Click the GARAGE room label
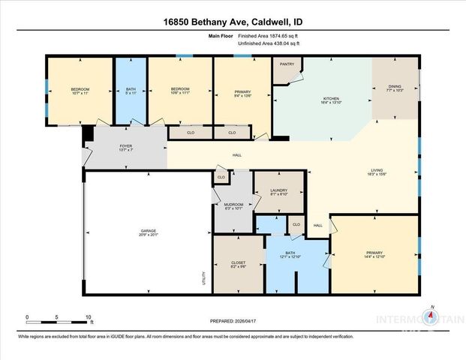(148, 232)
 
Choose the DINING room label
(395, 87)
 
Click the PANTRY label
(287, 64)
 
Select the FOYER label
(125, 147)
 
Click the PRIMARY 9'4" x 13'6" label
(242, 92)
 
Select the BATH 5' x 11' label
(131, 91)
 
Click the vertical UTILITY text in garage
(203, 277)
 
